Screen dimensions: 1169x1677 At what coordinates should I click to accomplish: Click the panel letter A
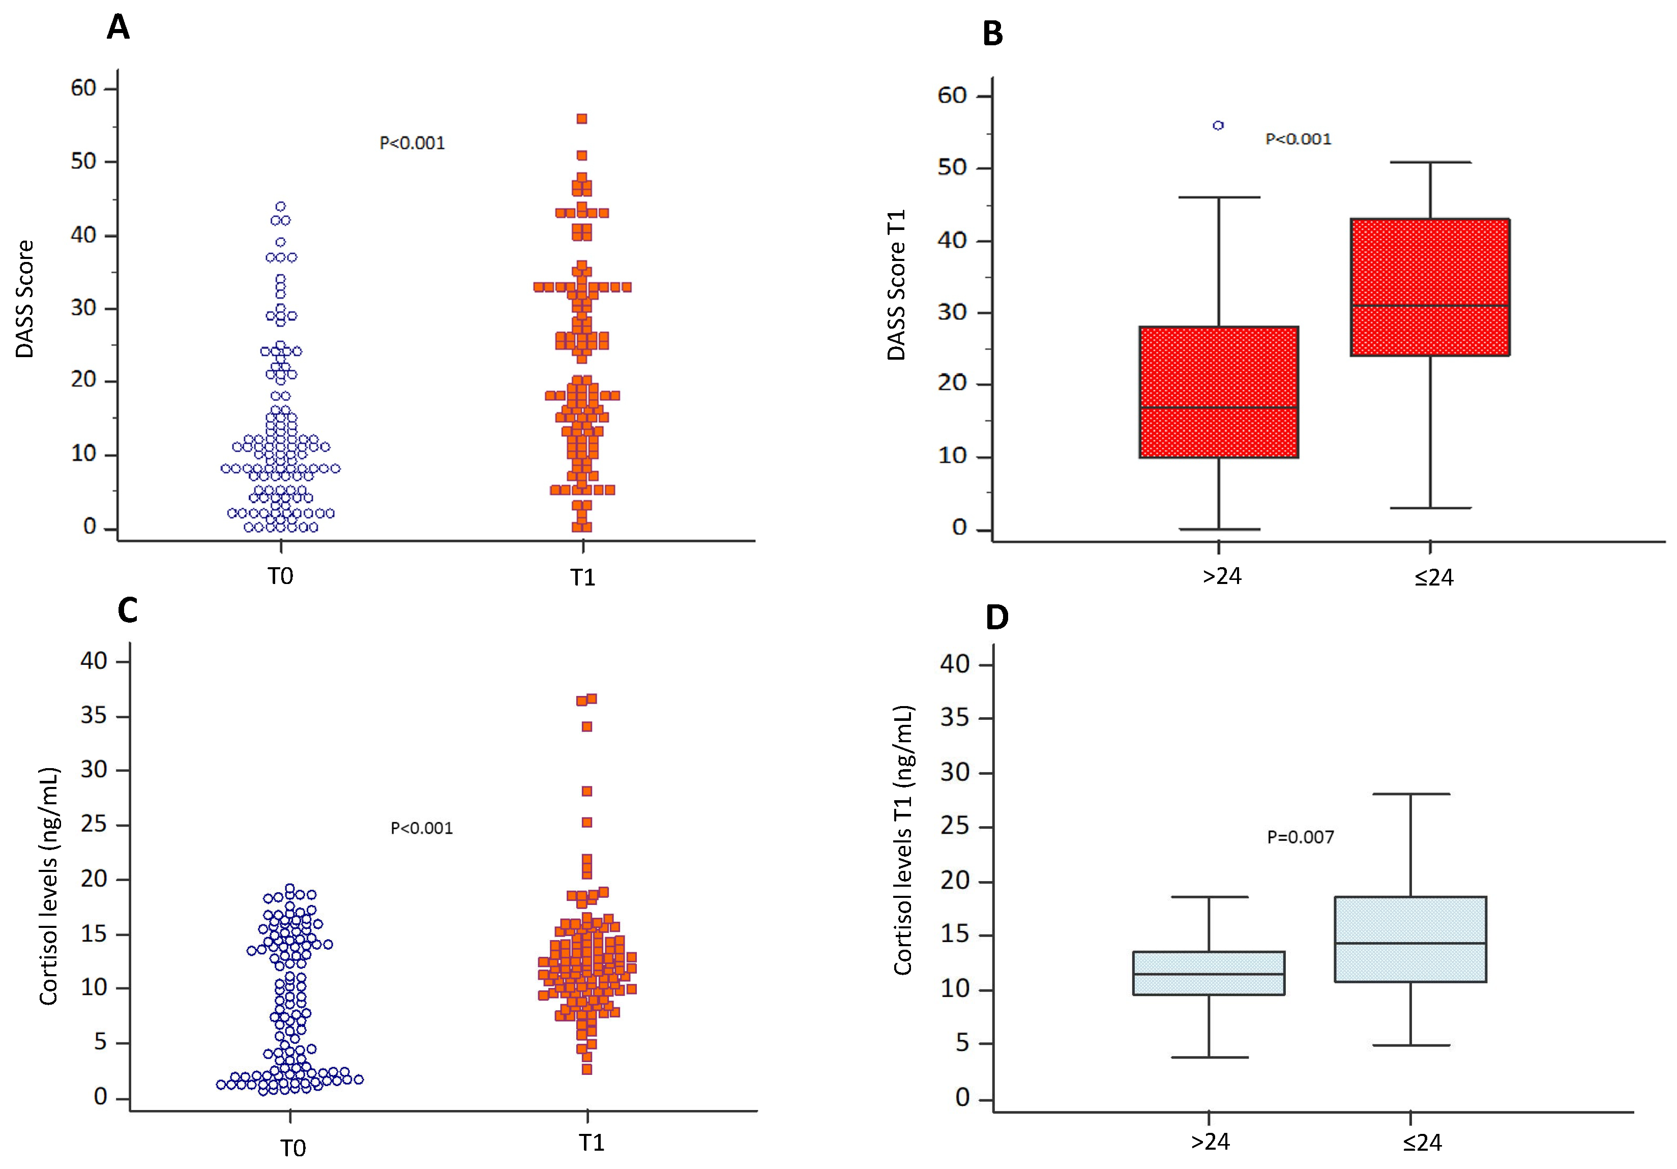click(119, 28)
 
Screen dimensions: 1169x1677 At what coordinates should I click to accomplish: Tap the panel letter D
click(997, 618)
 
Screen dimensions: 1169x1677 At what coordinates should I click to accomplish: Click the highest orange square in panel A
click(582, 119)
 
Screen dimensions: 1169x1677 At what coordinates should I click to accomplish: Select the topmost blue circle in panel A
click(280, 207)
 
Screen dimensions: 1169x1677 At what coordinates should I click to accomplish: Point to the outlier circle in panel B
click(1218, 126)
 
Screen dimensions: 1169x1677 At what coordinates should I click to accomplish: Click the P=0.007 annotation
click(1300, 837)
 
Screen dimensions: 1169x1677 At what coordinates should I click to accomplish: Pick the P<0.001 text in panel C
click(422, 828)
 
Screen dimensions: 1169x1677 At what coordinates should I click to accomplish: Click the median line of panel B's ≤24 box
click(1430, 305)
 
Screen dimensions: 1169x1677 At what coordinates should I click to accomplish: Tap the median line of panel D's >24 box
click(1209, 974)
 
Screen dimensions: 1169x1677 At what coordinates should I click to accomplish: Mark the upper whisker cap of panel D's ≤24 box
click(1410, 794)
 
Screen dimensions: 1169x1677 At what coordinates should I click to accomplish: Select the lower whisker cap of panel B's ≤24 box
click(1430, 508)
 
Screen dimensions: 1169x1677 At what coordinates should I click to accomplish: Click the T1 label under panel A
click(583, 578)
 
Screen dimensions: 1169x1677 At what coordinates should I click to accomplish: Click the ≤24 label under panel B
click(1434, 578)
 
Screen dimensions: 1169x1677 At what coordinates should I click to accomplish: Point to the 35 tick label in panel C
click(94, 715)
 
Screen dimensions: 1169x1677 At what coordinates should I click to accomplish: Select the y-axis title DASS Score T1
click(896, 285)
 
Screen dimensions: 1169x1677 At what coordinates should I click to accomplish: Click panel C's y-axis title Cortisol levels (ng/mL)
click(48, 886)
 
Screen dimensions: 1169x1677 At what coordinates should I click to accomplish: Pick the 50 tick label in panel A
click(84, 161)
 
